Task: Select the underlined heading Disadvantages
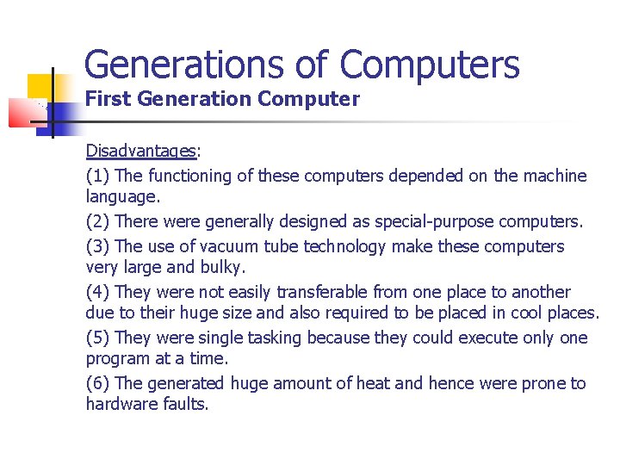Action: coord(141,152)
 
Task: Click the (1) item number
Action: coord(97,176)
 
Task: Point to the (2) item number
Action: coord(97,221)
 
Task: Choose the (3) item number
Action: coord(97,246)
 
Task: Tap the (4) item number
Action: coord(97,292)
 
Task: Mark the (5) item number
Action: coord(97,338)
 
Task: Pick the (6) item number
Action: coord(97,383)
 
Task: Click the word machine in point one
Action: coord(555,176)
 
